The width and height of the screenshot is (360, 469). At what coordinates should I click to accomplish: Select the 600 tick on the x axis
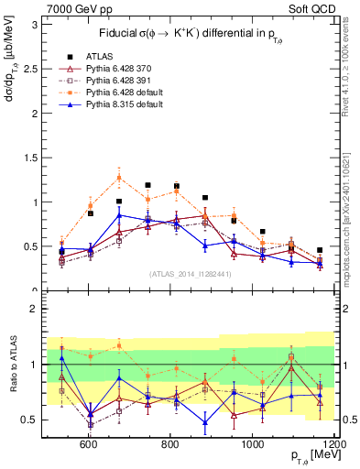[89, 443]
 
